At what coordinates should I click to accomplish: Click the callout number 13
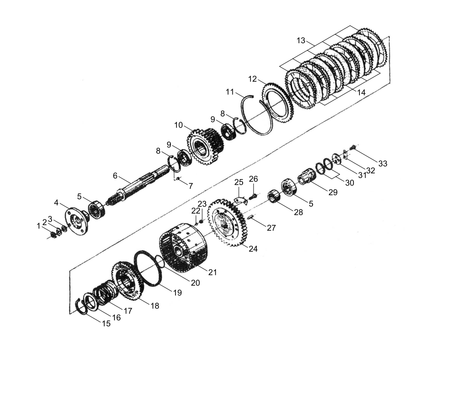click(x=301, y=40)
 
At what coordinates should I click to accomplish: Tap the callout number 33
click(x=382, y=163)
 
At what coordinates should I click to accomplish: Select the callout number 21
click(x=213, y=272)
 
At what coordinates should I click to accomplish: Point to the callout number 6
click(x=115, y=176)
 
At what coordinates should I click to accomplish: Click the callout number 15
click(x=106, y=324)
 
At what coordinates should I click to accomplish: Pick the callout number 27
click(x=271, y=228)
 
